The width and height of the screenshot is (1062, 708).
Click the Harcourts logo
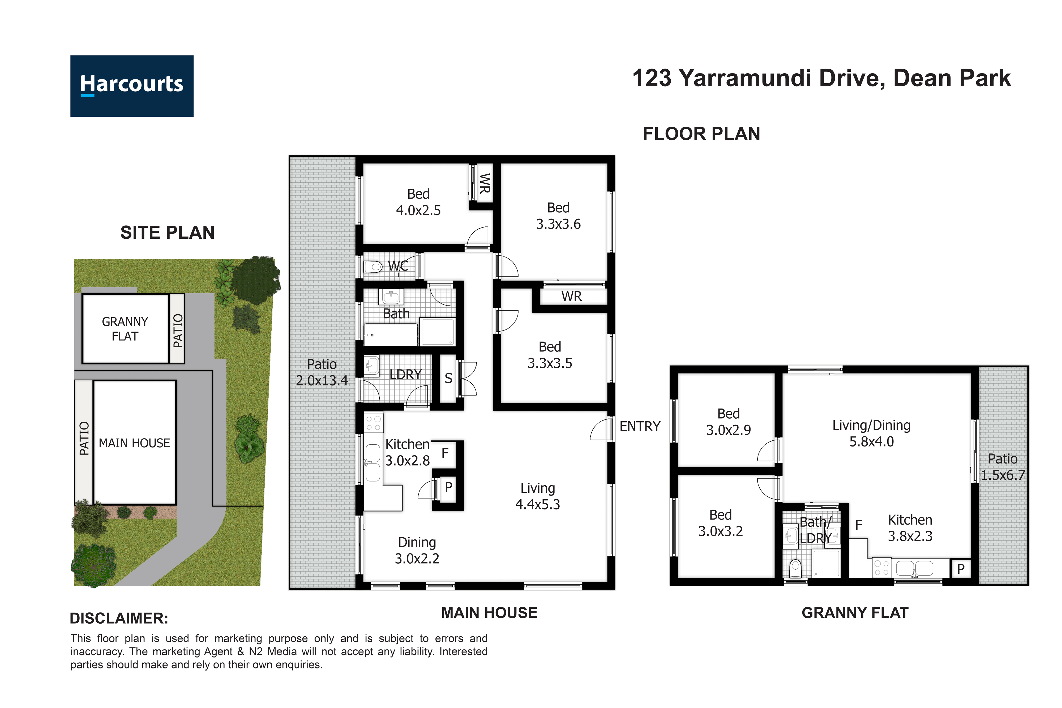point(132,86)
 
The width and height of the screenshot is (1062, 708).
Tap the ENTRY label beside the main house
point(639,426)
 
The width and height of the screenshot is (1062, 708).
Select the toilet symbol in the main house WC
point(373,267)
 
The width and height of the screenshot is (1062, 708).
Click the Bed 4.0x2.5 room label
point(418,202)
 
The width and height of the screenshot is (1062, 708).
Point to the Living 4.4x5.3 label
point(537,496)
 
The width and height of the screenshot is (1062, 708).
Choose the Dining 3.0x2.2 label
point(417,550)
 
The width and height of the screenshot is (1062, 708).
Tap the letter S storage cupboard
point(448,378)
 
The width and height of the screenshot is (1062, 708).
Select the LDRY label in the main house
point(405,374)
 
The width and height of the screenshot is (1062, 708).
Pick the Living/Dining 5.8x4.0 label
point(871,433)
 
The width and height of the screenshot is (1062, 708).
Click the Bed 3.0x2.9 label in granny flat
point(728,421)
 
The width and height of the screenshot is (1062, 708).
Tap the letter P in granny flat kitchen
point(960,568)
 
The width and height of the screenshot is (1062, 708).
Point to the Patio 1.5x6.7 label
point(1003,466)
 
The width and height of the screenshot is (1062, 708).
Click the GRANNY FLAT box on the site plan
point(125,329)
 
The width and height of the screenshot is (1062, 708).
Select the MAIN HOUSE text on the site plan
point(134,443)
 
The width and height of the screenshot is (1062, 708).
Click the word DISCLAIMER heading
point(119,618)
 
